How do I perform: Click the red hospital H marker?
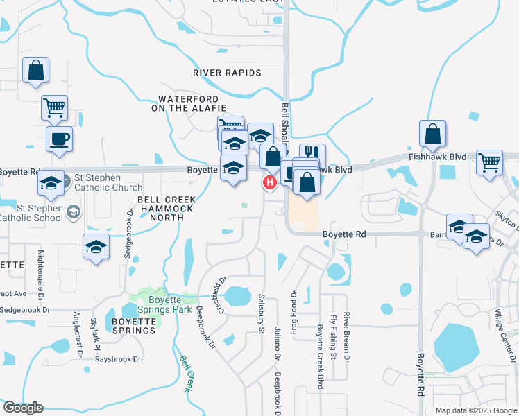[x=269, y=182]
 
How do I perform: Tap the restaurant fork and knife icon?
[x=312, y=153]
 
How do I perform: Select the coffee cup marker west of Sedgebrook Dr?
[x=59, y=139]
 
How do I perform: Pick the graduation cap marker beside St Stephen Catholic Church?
[x=51, y=184]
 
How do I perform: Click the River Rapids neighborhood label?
[x=227, y=73]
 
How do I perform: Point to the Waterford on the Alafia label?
[x=189, y=104]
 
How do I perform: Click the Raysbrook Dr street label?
[x=118, y=359]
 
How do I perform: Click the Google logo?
[x=23, y=408]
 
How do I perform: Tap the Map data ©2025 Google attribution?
[x=475, y=410]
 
